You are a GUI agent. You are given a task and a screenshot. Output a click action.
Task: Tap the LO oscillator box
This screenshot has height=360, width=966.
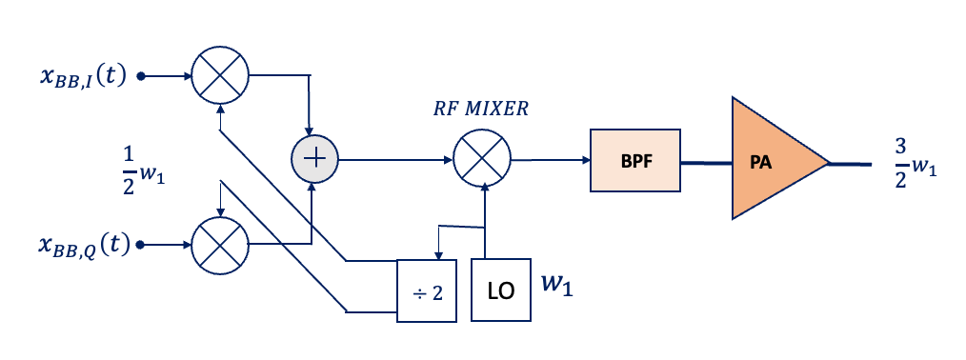coord(501,290)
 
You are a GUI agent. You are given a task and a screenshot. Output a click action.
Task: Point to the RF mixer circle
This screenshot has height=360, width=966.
coord(482,158)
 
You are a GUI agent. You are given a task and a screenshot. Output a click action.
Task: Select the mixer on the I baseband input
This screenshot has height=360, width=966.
coord(220,74)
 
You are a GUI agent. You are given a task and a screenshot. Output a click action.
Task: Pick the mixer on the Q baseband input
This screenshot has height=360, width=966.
coord(220,245)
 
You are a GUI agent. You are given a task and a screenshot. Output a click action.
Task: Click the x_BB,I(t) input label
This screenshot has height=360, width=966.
coord(82,76)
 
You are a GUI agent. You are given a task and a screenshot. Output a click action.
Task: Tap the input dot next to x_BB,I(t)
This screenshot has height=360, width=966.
coord(141,75)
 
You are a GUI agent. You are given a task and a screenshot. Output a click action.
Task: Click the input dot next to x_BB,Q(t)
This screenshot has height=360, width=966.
coord(141,245)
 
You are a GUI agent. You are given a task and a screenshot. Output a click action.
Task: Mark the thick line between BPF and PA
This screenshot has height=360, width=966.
coord(705,162)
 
